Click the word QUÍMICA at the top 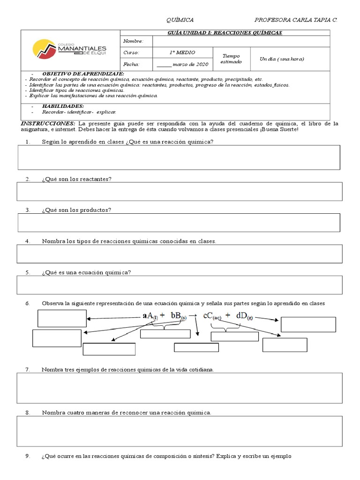[180, 20]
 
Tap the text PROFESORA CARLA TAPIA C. [295, 20]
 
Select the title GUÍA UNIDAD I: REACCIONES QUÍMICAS [225, 32]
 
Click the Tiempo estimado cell [232, 59]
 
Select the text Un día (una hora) [282, 59]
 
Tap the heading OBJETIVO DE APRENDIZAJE [83, 74]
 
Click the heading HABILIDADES [63, 106]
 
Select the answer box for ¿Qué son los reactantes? [179, 191]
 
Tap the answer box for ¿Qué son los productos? [179, 222]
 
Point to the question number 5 [28, 272]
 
